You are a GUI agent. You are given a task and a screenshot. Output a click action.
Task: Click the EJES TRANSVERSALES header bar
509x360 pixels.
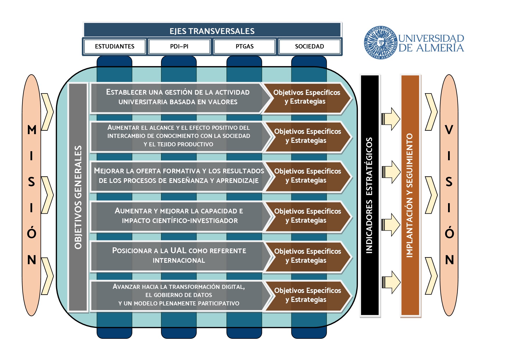click(212, 31)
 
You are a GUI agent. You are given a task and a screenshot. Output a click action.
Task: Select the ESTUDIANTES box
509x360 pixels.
click(115, 46)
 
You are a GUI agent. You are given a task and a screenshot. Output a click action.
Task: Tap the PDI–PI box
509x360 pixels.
click(179, 46)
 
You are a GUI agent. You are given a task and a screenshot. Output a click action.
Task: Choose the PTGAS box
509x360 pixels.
click(244, 46)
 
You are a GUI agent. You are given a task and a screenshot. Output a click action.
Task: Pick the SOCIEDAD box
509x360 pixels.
click(309, 46)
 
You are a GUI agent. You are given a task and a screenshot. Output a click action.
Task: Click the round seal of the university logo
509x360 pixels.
click(380, 42)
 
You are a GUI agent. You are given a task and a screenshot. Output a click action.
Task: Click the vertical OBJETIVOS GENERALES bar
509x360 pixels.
click(78, 197)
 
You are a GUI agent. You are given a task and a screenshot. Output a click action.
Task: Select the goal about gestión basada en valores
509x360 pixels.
click(178, 97)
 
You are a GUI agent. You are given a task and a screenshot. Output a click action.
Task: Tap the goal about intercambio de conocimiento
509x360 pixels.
click(178, 136)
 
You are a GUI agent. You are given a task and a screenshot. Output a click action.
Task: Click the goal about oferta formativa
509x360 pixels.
click(179, 176)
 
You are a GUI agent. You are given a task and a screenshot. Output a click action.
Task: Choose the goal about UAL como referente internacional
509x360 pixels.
click(179, 255)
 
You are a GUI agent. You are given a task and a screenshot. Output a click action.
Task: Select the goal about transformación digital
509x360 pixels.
click(179, 295)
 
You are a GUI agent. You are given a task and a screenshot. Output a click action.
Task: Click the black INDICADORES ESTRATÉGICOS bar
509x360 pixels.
click(369, 195)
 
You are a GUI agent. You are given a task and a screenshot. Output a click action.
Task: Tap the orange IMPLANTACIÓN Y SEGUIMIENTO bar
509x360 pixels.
click(410, 195)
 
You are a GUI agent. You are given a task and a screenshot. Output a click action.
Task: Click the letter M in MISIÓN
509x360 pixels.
click(32, 130)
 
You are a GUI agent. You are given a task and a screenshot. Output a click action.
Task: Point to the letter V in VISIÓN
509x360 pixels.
click(449, 130)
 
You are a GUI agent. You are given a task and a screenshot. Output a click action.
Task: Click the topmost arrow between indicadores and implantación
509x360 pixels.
click(391, 119)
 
